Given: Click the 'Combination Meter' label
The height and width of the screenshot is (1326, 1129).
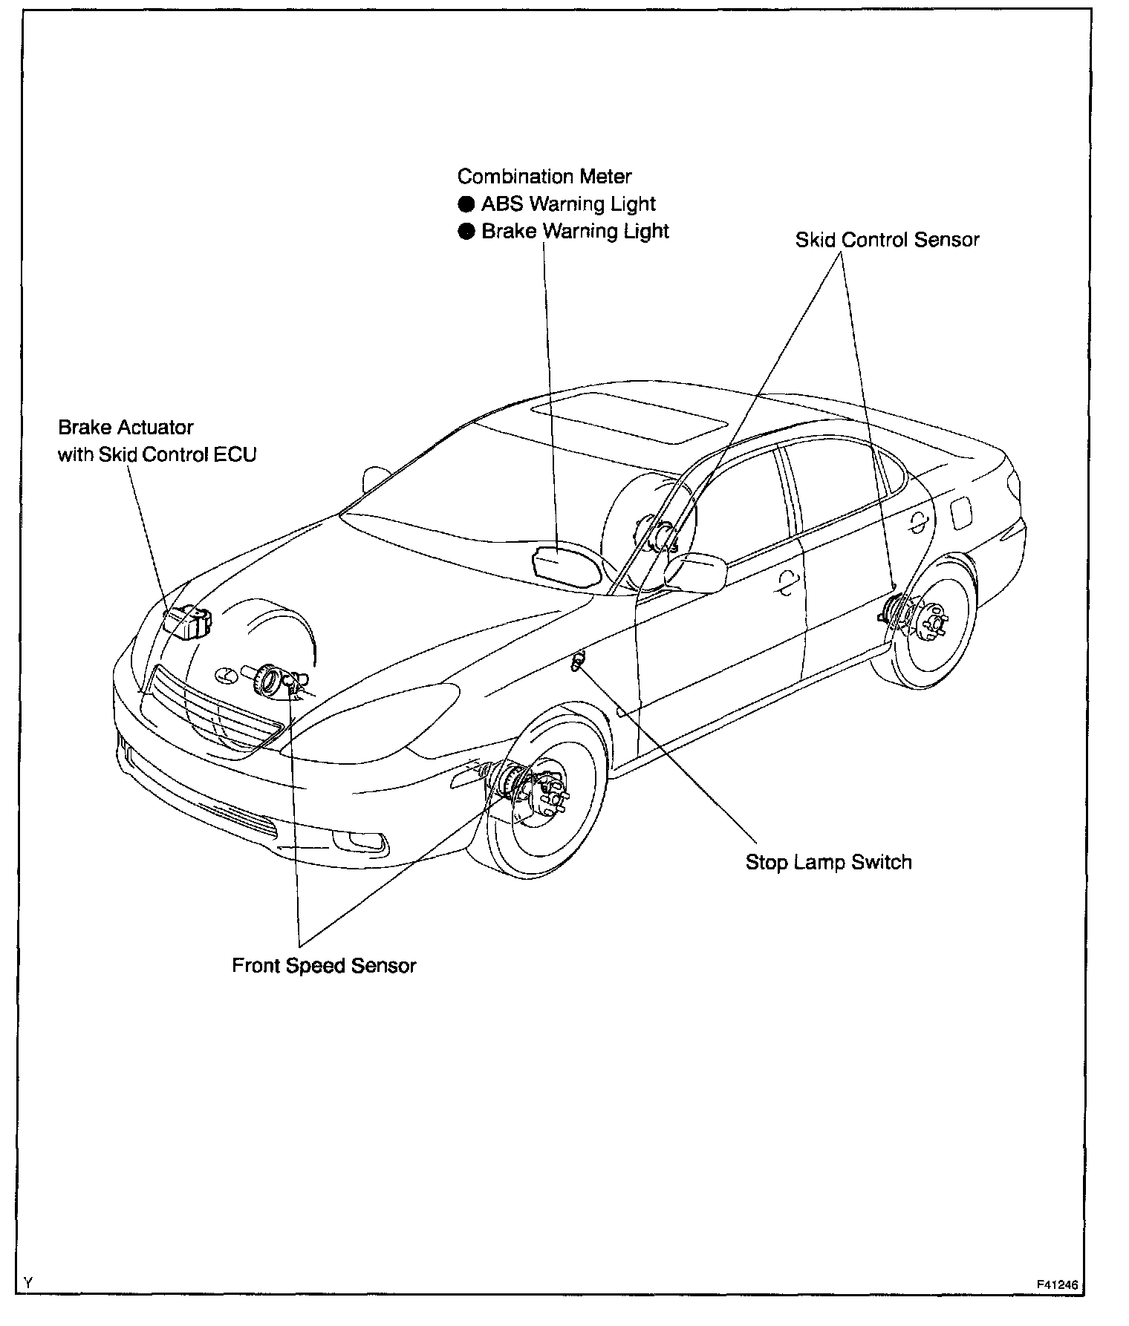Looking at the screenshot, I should [x=544, y=177].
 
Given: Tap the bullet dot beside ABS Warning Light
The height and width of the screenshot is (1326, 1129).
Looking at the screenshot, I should [x=466, y=204].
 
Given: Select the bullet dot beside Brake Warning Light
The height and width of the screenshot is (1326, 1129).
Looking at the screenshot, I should [x=466, y=232].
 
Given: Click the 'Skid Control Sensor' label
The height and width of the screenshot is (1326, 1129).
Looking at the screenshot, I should [x=887, y=240].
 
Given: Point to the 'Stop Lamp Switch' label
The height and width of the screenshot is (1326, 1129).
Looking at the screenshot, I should [x=828, y=862].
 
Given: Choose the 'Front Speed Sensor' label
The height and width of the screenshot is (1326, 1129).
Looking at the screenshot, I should [x=324, y=965].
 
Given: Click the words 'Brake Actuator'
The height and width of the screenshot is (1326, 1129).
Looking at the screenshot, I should [x=126, y=428].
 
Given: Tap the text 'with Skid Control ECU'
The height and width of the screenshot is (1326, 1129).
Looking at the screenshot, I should [x=157, y=454].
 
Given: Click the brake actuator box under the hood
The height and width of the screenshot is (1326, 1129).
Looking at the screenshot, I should [x=187, y=621].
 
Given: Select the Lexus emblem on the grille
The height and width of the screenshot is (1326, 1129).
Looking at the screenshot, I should [x=223, y=675].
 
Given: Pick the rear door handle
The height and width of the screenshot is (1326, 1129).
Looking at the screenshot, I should [x=919, y=523].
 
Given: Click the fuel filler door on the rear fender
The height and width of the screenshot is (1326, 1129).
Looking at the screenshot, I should [x=960, y=513].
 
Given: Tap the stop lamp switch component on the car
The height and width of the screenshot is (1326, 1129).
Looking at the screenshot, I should [x=578, y=659].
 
